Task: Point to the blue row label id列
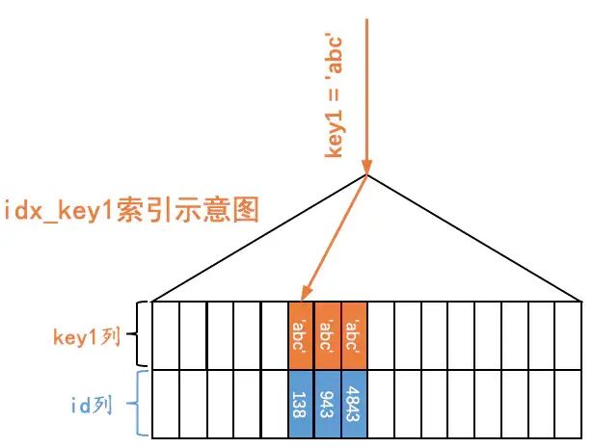point(92,405)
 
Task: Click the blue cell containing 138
point(302,404)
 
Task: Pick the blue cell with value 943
point(329,404)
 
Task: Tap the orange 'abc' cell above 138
point(302,336)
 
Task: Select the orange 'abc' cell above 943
point(329,336)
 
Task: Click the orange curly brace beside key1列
point(137,336)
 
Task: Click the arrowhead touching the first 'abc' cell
point(307,295)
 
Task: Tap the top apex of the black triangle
point(367,175)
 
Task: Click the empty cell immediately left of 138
point(275,404)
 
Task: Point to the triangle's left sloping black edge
point(260,238)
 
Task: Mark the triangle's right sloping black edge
point(472,238)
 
